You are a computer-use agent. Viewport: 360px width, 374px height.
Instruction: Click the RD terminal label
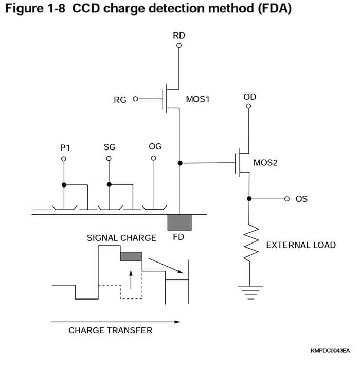(179, 35)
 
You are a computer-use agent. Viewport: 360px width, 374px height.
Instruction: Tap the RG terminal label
(120, 99)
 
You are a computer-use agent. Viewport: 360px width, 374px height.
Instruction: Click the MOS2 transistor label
(266, 163)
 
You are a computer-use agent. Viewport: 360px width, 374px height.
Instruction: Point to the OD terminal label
(249, 97)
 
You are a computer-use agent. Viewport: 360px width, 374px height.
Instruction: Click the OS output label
(301, 199)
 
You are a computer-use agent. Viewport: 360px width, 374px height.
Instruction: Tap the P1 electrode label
(64, 147)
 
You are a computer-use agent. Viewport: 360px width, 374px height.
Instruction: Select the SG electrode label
(109, 147)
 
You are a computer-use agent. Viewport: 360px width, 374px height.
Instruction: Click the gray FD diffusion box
(179, 222)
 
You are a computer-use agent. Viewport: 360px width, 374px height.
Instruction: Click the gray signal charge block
(131, 256)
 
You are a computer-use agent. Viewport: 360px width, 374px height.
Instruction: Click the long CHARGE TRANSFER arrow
(115, 322)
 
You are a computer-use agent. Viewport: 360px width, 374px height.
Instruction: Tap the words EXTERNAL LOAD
(300, 245)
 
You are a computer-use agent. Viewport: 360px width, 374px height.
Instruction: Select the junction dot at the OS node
(249, 199)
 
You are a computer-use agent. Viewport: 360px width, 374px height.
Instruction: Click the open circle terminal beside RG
(136, 99)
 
